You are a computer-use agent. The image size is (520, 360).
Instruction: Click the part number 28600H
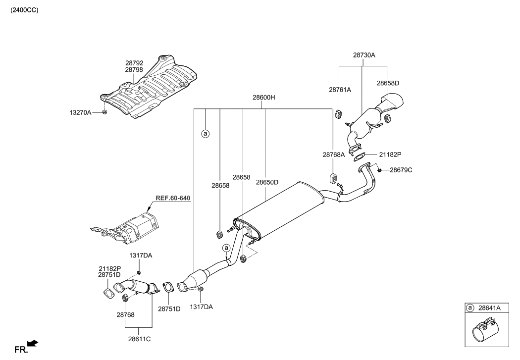263,98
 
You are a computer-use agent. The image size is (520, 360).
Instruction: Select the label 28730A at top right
364,55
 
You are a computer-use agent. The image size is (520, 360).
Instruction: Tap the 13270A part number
80,113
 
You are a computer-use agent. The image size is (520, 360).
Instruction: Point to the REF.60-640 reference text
173,198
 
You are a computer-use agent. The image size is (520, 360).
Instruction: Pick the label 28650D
267,182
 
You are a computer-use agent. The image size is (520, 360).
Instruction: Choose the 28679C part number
401,170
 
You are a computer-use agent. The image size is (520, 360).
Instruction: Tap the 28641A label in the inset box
489,308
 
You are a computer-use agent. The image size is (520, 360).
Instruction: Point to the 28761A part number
340,90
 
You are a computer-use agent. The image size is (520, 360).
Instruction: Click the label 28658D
387,83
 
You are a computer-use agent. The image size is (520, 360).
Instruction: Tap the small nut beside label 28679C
379,170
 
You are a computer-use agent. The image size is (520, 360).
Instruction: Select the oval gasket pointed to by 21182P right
358,158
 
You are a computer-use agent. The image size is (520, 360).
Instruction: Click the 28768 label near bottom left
125,314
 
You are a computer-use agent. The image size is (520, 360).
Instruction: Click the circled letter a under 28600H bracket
205,133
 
